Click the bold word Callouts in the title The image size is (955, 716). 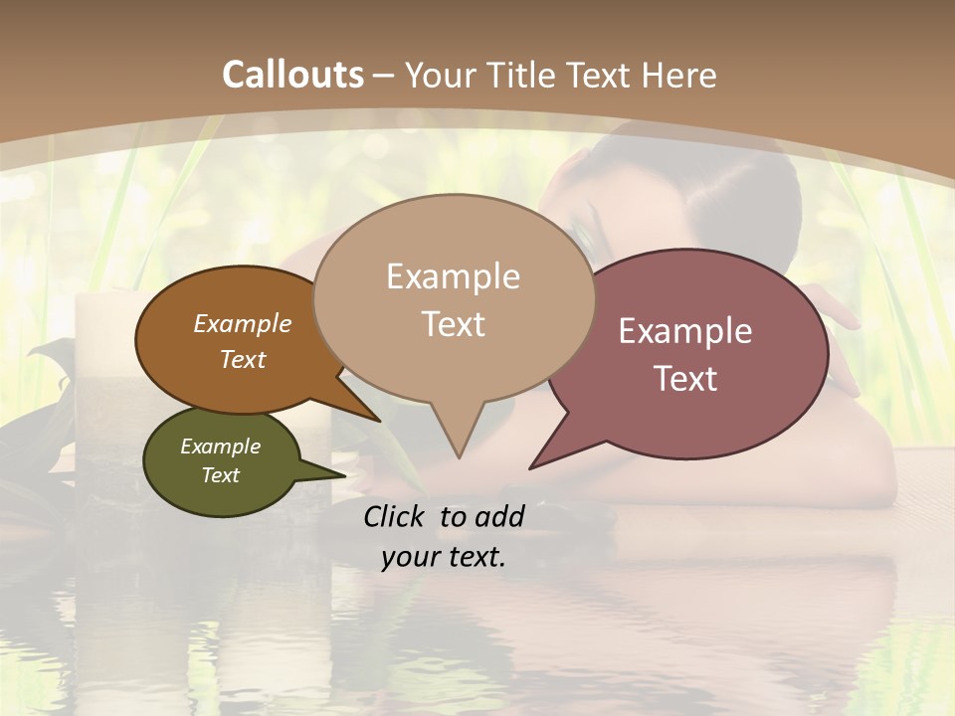click(x=292, y=75)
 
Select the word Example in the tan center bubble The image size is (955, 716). click(x=453, y=276)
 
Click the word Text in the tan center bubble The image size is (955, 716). click(x=453, y=324)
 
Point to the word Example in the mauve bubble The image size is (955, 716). click(x=685, y=331)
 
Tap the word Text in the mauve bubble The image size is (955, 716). click(x=685, y=379)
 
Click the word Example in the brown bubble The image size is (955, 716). click(x=242, y=324)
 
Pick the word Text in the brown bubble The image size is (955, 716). click(x=242, y=359)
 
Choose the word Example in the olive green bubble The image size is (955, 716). click(x=220, y=447)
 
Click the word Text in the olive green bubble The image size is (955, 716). click(x=220, y=475)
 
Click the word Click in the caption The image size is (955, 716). click(x=397, y=516)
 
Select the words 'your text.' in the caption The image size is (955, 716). click(x=444, y=558)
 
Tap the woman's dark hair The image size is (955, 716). click(x=756, y=189)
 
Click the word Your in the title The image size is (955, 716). click(x=439, y=75)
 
